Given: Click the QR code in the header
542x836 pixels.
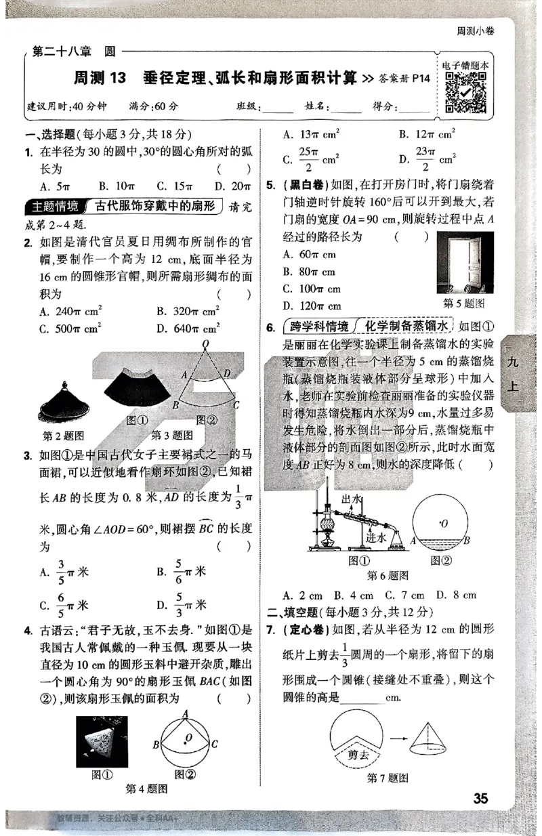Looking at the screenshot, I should [x=467, y=92].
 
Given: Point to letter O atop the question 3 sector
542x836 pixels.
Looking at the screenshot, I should [x=206, y=346].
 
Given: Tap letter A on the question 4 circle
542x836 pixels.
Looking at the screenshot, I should [x=186, y=711].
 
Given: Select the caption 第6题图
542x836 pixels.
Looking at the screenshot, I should [x=388, y=576].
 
